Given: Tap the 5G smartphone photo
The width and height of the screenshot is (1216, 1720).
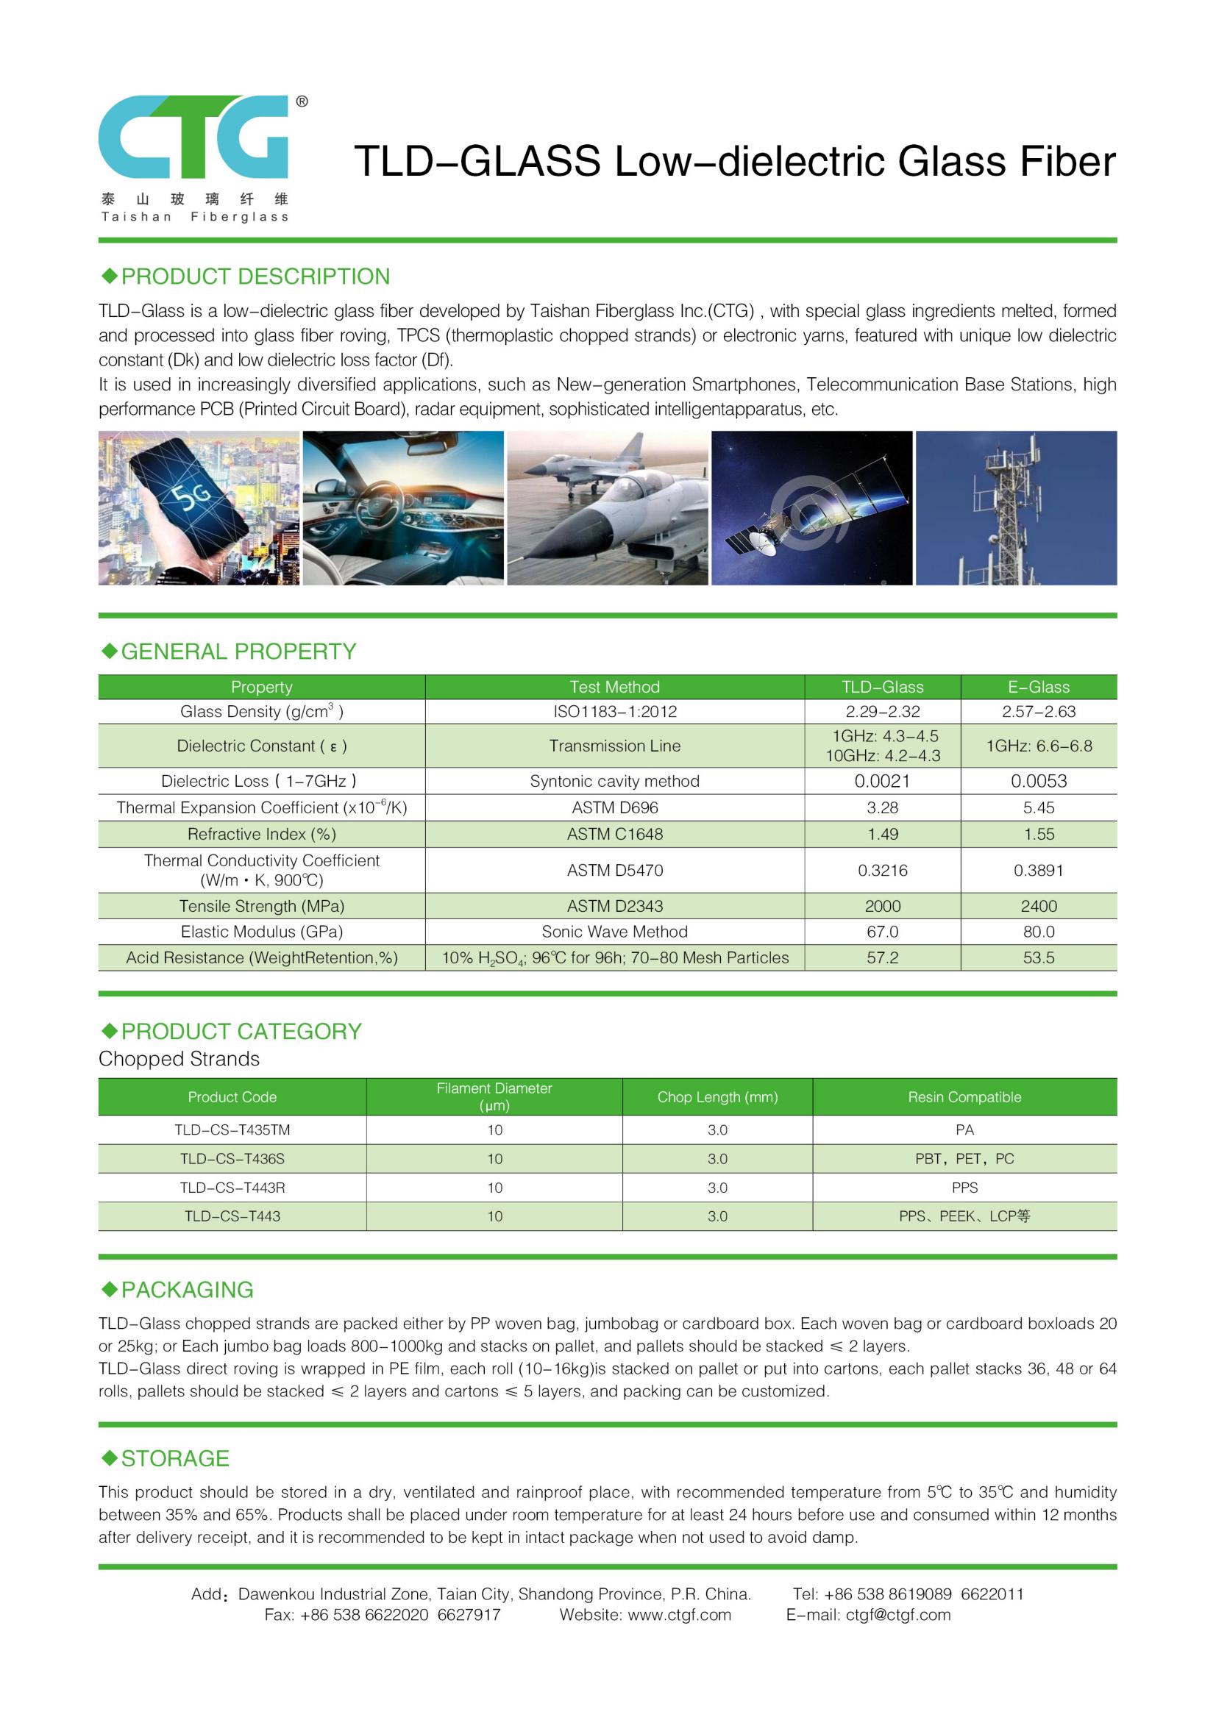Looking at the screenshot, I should point(199,507).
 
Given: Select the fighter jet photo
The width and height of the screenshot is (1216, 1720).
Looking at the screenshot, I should point(607,507).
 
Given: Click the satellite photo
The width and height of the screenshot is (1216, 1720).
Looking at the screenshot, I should point(811,507).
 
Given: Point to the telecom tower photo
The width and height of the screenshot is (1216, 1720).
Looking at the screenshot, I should point(1016,507).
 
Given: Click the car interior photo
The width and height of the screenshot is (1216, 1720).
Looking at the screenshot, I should point(403,507).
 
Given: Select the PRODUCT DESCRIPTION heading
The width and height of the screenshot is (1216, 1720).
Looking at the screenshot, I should point(255,276).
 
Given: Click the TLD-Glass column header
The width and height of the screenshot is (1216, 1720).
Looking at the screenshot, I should point(882,687).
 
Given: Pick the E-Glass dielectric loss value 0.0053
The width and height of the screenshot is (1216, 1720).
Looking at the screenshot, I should point(1039,781).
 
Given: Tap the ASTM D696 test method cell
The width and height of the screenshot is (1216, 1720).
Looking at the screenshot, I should point(614,807).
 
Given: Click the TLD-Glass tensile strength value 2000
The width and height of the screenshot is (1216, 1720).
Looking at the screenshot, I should point(882,906).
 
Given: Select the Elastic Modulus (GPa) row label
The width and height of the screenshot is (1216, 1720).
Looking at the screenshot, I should point(261,931).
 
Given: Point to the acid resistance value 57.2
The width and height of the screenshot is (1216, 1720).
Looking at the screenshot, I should point(882,957).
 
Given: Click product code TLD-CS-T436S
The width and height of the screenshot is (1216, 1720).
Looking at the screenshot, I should point(232,1159).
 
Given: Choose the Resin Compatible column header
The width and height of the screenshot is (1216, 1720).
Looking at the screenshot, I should point(964,1096).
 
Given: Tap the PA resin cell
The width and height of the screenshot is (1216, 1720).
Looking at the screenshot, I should point(964,1130).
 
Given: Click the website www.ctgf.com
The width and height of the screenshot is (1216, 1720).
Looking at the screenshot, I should point(679,1614).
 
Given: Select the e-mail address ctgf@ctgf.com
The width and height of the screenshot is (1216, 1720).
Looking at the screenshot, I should point(897,1614).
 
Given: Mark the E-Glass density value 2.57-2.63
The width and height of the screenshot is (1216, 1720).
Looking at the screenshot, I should point(1039,711).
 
